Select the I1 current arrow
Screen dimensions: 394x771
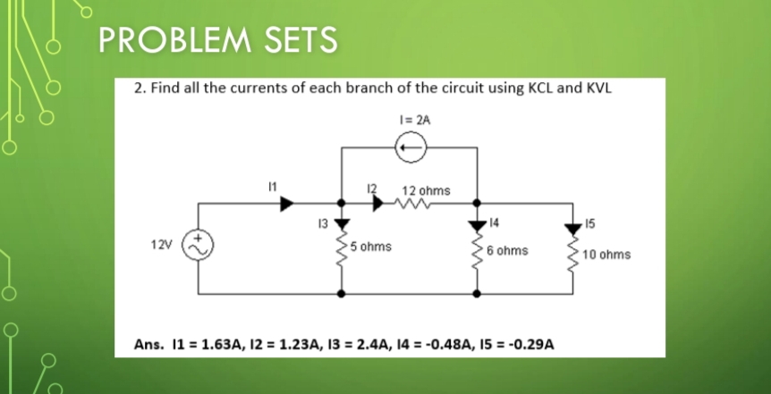click(287, 204)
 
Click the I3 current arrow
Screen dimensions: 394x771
click(341, 222)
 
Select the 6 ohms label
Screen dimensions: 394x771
click(507, 251)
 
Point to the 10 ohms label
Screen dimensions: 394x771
click(606, 255)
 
